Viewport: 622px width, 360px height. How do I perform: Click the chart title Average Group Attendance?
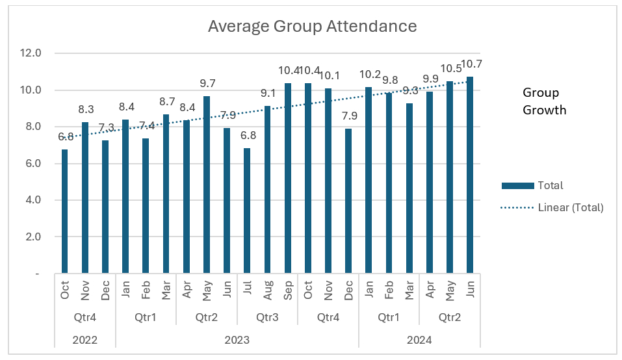(x=312, y=27)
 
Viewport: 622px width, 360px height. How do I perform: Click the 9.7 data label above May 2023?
(x=206, y=83)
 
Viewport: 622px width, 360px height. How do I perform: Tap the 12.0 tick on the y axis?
(x=31, y=53)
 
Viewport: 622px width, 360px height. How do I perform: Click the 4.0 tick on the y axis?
(x=31, y=200)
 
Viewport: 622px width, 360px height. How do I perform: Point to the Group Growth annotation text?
(x=545, y=101)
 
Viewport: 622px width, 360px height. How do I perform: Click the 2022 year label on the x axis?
(x=85, y=339)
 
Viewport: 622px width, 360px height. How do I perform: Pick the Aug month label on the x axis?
(x=268, y=290)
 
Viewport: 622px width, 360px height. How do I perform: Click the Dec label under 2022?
(x=105, y=290)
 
